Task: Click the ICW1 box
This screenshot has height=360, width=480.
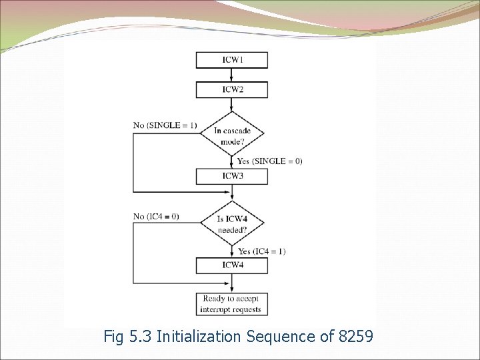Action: (232, 60)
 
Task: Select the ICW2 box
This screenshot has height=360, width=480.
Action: (232, 89)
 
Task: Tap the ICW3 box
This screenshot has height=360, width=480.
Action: (232, 176)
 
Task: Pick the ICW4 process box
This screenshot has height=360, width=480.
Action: (232, 265)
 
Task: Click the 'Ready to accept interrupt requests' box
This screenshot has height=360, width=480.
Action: (232, 304)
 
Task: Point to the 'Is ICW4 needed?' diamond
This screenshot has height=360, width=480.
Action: (232, 224)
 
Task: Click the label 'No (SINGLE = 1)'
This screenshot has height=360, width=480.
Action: (165, 125)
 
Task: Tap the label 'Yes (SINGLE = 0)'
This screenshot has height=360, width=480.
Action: (269, 161)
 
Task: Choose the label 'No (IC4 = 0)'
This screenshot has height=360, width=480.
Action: (156, 216)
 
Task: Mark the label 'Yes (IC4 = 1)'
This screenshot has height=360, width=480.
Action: (262, 251)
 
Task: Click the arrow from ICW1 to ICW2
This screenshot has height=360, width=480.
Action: (232, 75)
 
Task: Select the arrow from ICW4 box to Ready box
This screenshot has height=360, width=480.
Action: (232, 283)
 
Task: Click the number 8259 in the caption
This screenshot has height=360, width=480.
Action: (357, 337)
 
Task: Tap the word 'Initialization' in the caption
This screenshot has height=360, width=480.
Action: (200, 337)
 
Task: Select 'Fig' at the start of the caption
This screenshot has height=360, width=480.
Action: (115, 337)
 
